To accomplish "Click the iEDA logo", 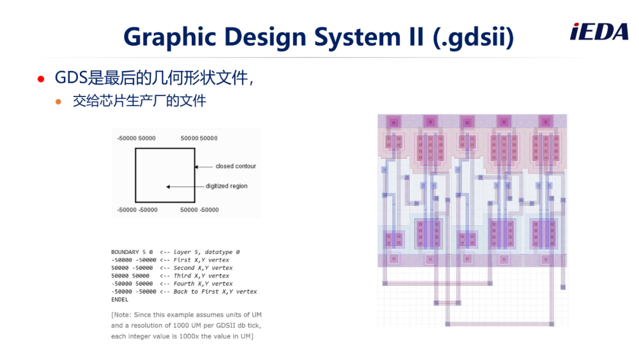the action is click(x=599, y=32).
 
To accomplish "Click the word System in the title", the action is click(x=357, y=37).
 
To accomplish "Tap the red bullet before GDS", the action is click(x=41, y=79).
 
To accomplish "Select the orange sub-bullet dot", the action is click(x=58, y=101).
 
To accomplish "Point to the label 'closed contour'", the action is click(x=235, y=166).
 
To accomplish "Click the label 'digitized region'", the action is click(x=226, y=187).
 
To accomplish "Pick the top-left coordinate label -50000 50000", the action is click(x=136, y=138).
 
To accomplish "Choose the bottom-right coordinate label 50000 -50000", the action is click(x=199, y=210).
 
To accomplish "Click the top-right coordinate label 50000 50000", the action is click(x=199, y=138).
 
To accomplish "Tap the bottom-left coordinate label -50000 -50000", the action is click(x=137, y=210).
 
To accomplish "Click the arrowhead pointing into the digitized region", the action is click(x=168, y=187).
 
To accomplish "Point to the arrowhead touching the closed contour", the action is click(x=196, y=167).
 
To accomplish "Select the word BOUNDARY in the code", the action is click(x=125, y=252).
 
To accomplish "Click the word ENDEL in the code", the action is click(x=120, y=300).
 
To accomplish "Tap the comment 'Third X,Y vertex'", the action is click(x=201, y=276).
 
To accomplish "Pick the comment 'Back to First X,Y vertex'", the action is click(x=215, y=292).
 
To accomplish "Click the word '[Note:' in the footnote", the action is click(x=121, y=315).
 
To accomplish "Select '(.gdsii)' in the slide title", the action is click(x=473, y=37).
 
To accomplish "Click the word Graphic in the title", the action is click(x=170, y=37).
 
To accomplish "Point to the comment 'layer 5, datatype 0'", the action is click(x=206, y=252).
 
